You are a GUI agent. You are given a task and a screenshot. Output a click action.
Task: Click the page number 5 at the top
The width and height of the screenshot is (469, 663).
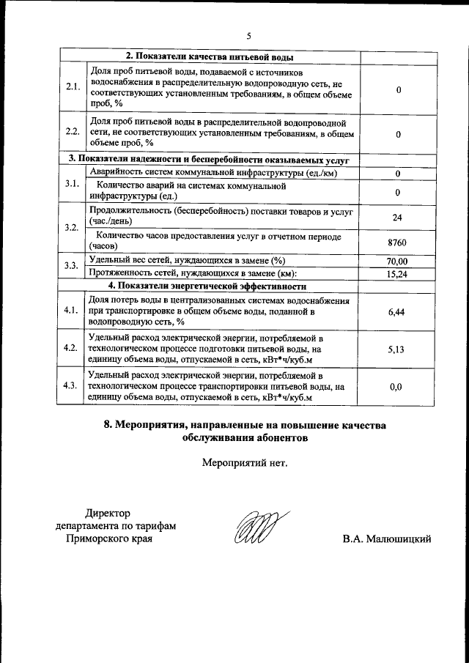(x=248, y=36)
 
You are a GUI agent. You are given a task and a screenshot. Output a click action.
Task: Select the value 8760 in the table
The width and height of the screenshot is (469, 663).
(x=396, y=242)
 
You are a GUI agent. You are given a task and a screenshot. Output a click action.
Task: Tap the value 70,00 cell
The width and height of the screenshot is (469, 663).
(x=396, y=262)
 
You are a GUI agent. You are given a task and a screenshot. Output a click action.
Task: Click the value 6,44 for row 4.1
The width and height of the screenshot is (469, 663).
(x=396, y=311)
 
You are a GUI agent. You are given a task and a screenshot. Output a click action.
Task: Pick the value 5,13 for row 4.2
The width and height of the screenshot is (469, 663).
(x=396, y=349)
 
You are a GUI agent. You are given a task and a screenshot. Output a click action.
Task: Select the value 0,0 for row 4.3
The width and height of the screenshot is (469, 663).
(x=396, y=387)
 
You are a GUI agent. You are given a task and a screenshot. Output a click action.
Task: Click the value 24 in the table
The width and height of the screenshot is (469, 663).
(x=396, y=218)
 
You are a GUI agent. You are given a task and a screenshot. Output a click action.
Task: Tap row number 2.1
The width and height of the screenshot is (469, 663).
(x=72, y=88)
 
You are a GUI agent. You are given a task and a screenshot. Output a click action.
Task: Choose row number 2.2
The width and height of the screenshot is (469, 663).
(x=72, y=132)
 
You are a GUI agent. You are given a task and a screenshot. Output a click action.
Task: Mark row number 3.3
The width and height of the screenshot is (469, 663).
(x=72, y=267)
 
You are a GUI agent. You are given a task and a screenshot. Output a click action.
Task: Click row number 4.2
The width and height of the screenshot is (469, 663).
(x=72, y=348)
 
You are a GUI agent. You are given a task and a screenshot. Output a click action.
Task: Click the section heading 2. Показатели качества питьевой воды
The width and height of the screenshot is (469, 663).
(x=210, y=56)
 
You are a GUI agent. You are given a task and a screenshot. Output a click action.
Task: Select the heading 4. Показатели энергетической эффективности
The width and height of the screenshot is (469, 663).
(x=207, y=286)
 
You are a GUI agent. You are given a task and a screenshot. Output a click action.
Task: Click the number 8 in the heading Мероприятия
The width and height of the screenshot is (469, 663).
(x=109, y=425)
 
